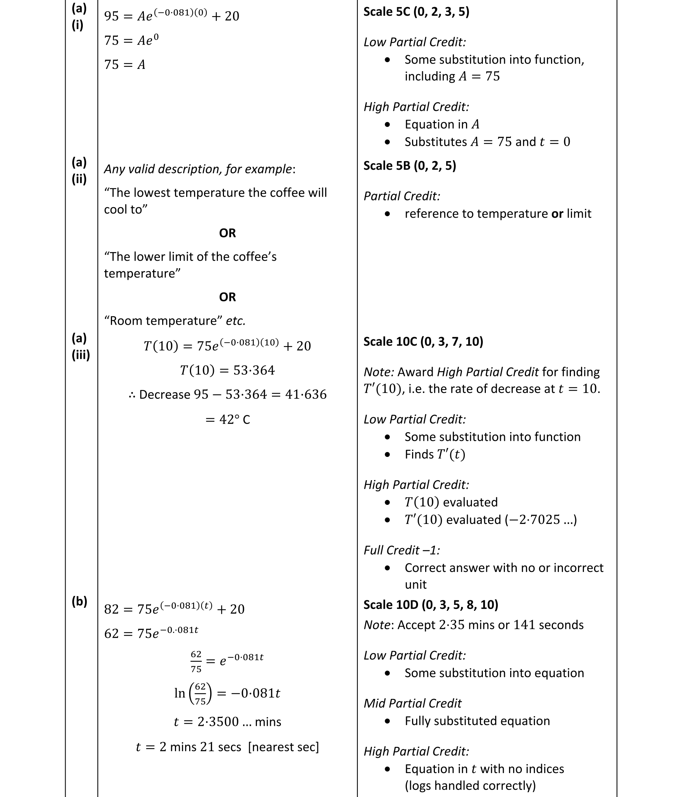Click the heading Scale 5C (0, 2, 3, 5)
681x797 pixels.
[x=416, y=12]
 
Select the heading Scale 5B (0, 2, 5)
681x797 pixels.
[x=409, y=166]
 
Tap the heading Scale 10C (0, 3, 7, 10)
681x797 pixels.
[x=423, y=342]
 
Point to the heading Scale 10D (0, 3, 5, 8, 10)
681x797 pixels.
[x=430, y=604]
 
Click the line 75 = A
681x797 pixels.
[x=125, y=65]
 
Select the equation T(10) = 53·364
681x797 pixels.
[x=227, y=370]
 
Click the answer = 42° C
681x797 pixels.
[x=227, y=419]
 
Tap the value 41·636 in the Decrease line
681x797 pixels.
[x=306, y=395]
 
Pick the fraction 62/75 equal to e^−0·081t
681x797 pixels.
[x=196, y=661]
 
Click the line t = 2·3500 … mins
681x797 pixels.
[x=227, y=722]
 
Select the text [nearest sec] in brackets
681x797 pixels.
[x=284, y=747]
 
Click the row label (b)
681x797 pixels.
[x=79, y=601]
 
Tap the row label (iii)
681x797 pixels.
[x=81, y=355]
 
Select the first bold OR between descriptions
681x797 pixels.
[x=227, y=233]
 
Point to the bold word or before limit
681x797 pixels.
[x=557, y=214]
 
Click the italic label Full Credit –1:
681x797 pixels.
[x=401, y=551]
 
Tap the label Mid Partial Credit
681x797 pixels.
[x=412, y=703]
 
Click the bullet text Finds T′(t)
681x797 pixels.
[x=435, y=455]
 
